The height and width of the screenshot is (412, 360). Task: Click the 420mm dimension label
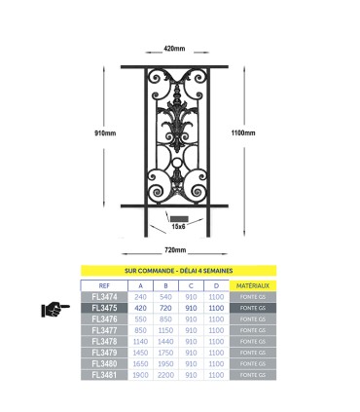174,48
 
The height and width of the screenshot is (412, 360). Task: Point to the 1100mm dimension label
243,132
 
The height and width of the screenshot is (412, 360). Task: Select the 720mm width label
174,250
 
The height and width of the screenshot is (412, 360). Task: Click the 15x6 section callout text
177,226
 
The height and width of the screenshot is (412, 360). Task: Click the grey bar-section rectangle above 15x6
178,217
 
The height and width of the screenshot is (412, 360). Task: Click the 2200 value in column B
165,375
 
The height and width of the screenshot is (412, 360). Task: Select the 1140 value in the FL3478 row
141,341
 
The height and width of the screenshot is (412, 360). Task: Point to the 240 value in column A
141,296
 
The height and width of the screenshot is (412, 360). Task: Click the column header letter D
215,284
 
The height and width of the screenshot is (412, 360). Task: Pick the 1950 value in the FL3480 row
165,363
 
